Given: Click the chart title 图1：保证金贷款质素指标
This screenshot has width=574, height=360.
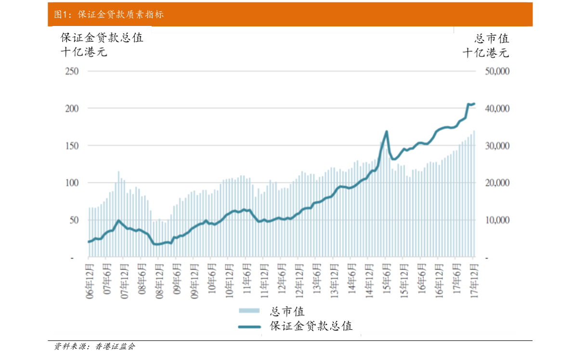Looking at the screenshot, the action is pos(109,14).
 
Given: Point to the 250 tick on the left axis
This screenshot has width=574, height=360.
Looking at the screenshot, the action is pos(72,71).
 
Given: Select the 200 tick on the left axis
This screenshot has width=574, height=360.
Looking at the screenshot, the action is pos(72,108).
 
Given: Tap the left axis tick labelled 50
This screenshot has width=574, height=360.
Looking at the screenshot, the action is pos(74,220).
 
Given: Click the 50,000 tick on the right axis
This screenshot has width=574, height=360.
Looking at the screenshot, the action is pos(497,71).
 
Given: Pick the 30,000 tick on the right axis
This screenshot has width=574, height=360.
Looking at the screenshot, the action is pos(497,146).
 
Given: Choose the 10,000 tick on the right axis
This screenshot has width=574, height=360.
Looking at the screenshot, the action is pos(497,220).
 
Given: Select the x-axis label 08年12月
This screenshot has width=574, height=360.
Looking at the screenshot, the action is pos(160,281).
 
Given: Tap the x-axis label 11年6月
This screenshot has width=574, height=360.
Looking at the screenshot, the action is pos(248,278).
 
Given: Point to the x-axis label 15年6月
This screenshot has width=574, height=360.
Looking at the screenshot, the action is pos(387,278).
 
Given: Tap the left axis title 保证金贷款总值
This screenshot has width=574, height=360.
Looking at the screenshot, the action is pos(102,38).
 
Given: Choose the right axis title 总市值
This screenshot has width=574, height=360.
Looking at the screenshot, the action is pos(492,38).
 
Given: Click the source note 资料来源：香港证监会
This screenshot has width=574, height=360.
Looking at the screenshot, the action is pos(94,346).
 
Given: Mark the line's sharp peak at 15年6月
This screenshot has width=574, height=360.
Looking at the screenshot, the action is pos(387,131).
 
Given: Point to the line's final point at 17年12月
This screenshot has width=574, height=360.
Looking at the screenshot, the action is pos(474,103).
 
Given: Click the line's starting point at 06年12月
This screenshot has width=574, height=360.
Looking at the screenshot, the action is pos(89,242).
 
